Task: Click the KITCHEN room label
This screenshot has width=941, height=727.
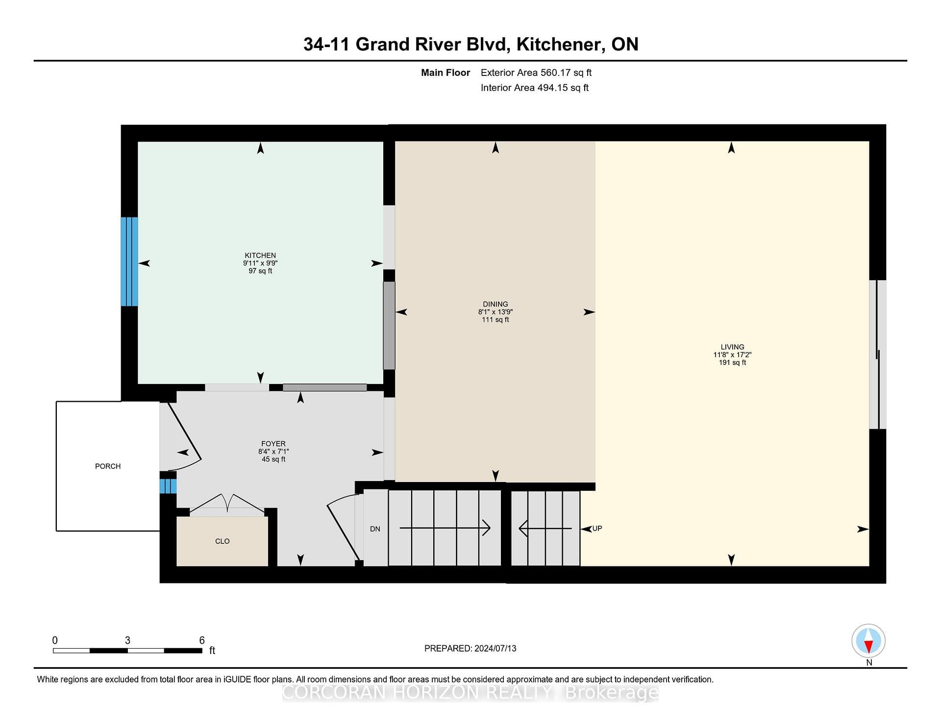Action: (260, 255)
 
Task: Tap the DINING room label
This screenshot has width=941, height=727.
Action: (495, 304)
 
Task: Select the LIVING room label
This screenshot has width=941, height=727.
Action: (732, 347)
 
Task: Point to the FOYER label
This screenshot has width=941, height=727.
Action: (273, 444)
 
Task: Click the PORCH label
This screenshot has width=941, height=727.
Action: (108, 466)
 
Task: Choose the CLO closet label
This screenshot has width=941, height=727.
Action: (223, 541)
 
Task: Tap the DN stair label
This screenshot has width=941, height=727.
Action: (375, 529)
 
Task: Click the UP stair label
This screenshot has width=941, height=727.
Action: (597, 529)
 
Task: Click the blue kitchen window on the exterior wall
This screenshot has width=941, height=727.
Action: (129, 262)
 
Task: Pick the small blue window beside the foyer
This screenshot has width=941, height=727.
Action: (168, 486)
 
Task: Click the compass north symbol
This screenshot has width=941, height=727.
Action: (868, 641)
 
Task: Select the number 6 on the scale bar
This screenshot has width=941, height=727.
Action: (202, 640)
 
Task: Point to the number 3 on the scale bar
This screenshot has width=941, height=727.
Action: (127, 640)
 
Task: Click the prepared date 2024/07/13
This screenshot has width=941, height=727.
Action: (495, 649)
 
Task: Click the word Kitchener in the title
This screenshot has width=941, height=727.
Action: (558, 45)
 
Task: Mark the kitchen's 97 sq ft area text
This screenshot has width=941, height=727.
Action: (260, 271)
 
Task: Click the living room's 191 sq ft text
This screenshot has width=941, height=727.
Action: (732, 363)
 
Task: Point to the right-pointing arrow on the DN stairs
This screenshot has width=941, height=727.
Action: (445, 528)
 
